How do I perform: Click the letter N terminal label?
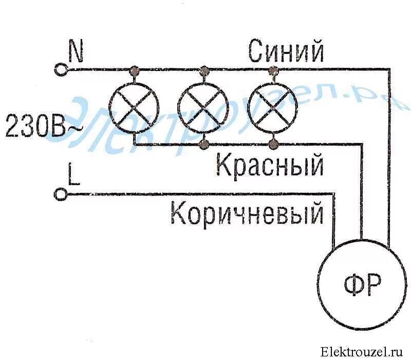[x=76, y=52]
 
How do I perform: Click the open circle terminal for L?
[x=61, y=194]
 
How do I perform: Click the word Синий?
[x=286, y=51]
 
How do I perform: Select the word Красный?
[x=270, y=166]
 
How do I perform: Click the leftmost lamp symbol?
[x=135, y=106]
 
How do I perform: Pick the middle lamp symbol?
[x=204, y=106]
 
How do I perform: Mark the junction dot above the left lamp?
[x=135, y=69]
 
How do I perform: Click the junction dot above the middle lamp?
[x=204, y=69]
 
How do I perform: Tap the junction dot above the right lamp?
[x=273, y=69]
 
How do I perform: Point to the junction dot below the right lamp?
[x=273, y=143]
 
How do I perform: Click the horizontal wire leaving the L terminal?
[x=195, y=194]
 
